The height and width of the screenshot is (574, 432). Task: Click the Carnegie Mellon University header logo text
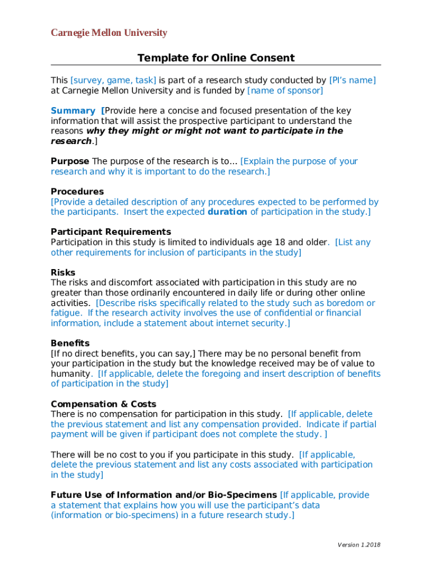click(x=109, y=33)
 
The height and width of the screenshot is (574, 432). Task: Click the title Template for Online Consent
click(x=216, y=58)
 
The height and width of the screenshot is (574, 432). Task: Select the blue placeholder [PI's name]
click(x=352, y=80)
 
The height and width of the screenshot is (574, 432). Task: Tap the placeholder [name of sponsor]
click(x=285, y=90)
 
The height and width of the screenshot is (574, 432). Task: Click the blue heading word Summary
click(x=73, y=111)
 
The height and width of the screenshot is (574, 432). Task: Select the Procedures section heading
click(x=77, y=192)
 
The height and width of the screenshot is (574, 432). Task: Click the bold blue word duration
click(x=227, y=212)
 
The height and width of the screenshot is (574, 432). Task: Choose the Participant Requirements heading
click(x=111, y=232)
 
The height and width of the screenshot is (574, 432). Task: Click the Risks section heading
click(x=63, y=272)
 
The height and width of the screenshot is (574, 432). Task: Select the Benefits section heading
click(x=70, y=343)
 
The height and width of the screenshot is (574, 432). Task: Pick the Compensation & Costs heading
click(x=103, y=404)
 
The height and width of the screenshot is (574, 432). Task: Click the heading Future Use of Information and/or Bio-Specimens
click(x=164, y=495)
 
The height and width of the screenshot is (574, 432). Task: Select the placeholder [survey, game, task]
click(x=113, y=80)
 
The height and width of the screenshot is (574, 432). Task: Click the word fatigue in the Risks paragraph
click(x=66, y=313)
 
